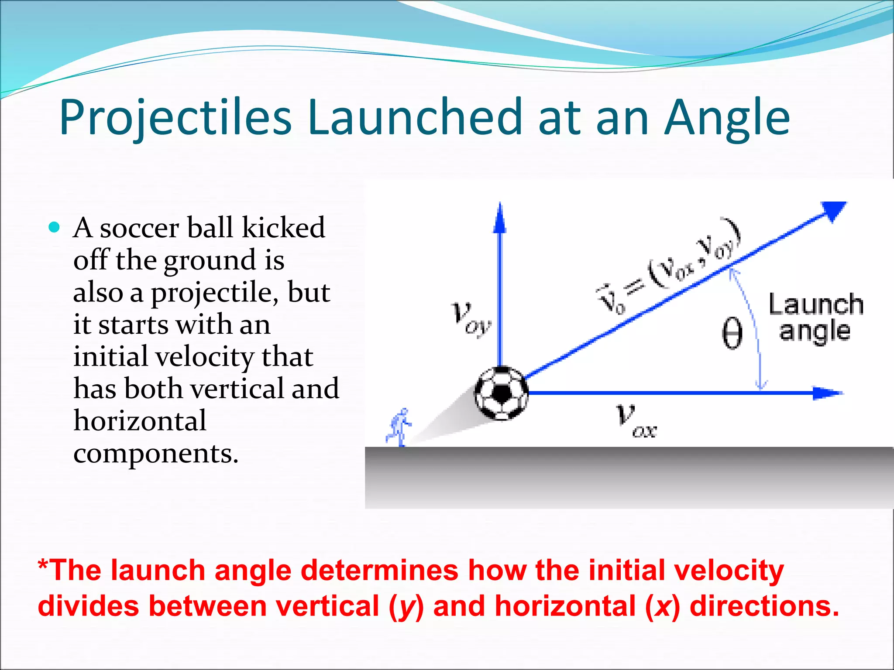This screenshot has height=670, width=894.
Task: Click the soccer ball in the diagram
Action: [x=501, y=393]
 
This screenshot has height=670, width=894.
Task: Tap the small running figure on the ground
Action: [x=399, y=427]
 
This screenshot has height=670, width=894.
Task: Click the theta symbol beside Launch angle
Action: [x=732, y=333]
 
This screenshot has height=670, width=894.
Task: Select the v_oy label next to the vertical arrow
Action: [x=471, y=319]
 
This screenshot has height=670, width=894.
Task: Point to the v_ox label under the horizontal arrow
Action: [x=636, y=420]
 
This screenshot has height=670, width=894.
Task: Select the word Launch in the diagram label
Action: [x=815, y=304]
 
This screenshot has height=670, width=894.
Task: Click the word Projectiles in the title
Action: [x=175, y=117]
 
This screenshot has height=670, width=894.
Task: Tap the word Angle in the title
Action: [x=727, y=117]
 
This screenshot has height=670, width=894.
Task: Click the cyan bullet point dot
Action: [x=54, y=227]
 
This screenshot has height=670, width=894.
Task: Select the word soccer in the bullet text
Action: [x=139, y=228]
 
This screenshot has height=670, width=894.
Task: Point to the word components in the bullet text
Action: [x=155, y=454]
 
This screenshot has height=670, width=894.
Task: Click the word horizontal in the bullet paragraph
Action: [x=140, y=421]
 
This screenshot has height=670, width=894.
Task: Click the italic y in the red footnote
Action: [x=407, y=607]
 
